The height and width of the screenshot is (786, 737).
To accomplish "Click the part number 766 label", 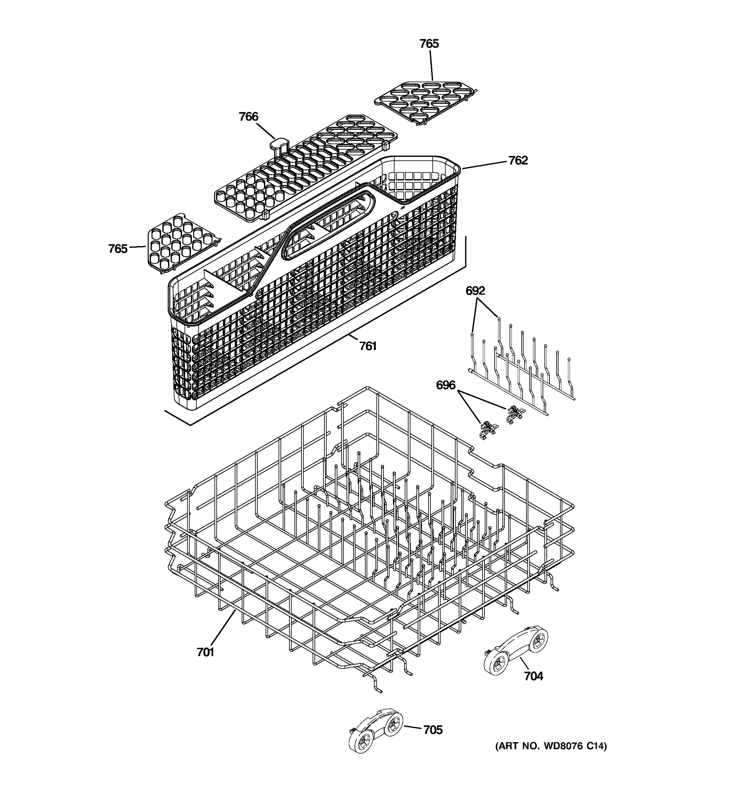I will pyautogui.click(x=248, y=117).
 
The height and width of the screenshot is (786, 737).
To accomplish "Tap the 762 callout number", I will pyautogui.click(x=518, y=160).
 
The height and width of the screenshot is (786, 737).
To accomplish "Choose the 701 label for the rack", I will pyautogui.click(x=205, y=652).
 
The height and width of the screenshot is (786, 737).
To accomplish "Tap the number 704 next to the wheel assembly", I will pyautogui.click(x=533, y=676).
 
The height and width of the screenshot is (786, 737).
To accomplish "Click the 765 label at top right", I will pyautogui.click(x=429, y=44).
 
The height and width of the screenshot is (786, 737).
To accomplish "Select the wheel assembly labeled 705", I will pyautogui.click(x=376, y=729).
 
